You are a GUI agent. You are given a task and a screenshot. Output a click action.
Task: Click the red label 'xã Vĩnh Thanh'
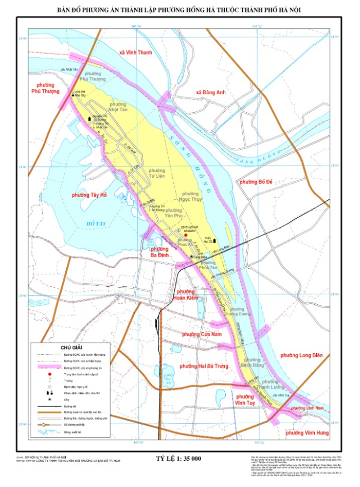136,53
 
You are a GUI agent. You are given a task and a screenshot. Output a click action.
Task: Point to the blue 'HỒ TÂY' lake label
96,223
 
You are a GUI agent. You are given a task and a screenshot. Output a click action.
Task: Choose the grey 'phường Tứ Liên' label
157,173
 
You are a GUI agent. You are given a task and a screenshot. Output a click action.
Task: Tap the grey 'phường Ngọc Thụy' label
190,196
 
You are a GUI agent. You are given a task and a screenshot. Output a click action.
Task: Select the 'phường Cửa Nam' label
200,335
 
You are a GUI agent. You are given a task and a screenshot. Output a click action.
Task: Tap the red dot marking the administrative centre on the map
193,235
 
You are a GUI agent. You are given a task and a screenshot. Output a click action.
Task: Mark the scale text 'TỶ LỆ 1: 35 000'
178,458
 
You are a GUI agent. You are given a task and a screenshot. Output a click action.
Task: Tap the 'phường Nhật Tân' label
118,107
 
